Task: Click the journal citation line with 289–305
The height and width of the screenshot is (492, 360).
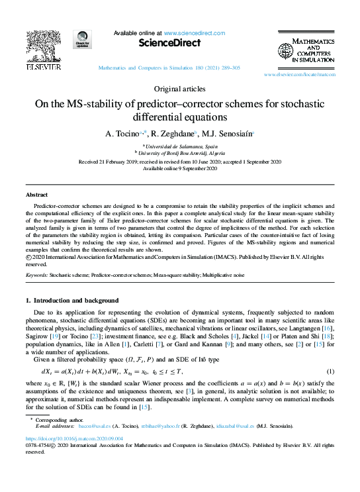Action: (x=169, y=68)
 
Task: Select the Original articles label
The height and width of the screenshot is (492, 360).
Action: (x=179, y=89)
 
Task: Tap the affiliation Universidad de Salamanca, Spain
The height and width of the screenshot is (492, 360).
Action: (x=180, y=144)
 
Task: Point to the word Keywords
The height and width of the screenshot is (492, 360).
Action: (x=36, y=273)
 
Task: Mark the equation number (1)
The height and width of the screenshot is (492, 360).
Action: (x=330, y=372)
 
